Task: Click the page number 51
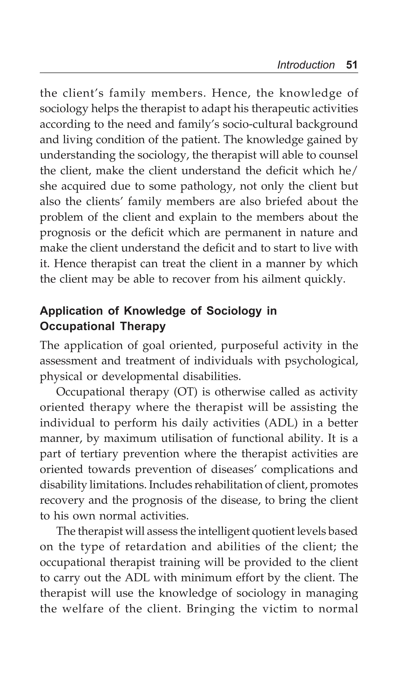(352, 65)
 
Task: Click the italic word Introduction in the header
(306, 65)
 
